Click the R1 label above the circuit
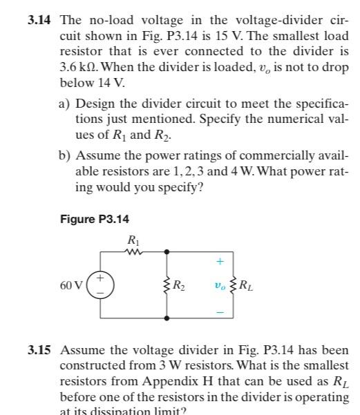coord(133,240)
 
